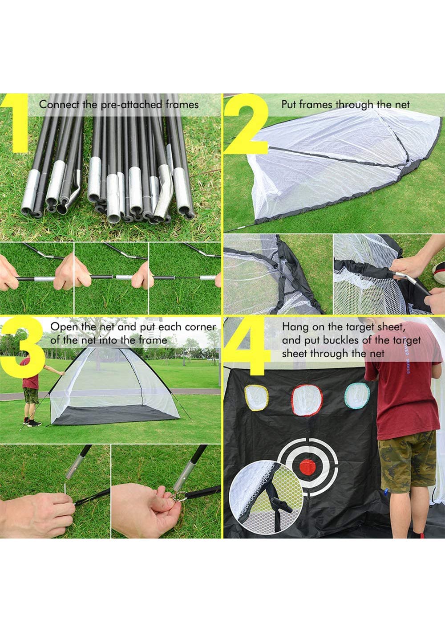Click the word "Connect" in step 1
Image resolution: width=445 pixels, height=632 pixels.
tap(59, 105)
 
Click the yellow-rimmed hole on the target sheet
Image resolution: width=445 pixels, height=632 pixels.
tap(256, 398)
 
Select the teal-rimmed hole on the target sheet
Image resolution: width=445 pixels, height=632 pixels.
tap(357, 396)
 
